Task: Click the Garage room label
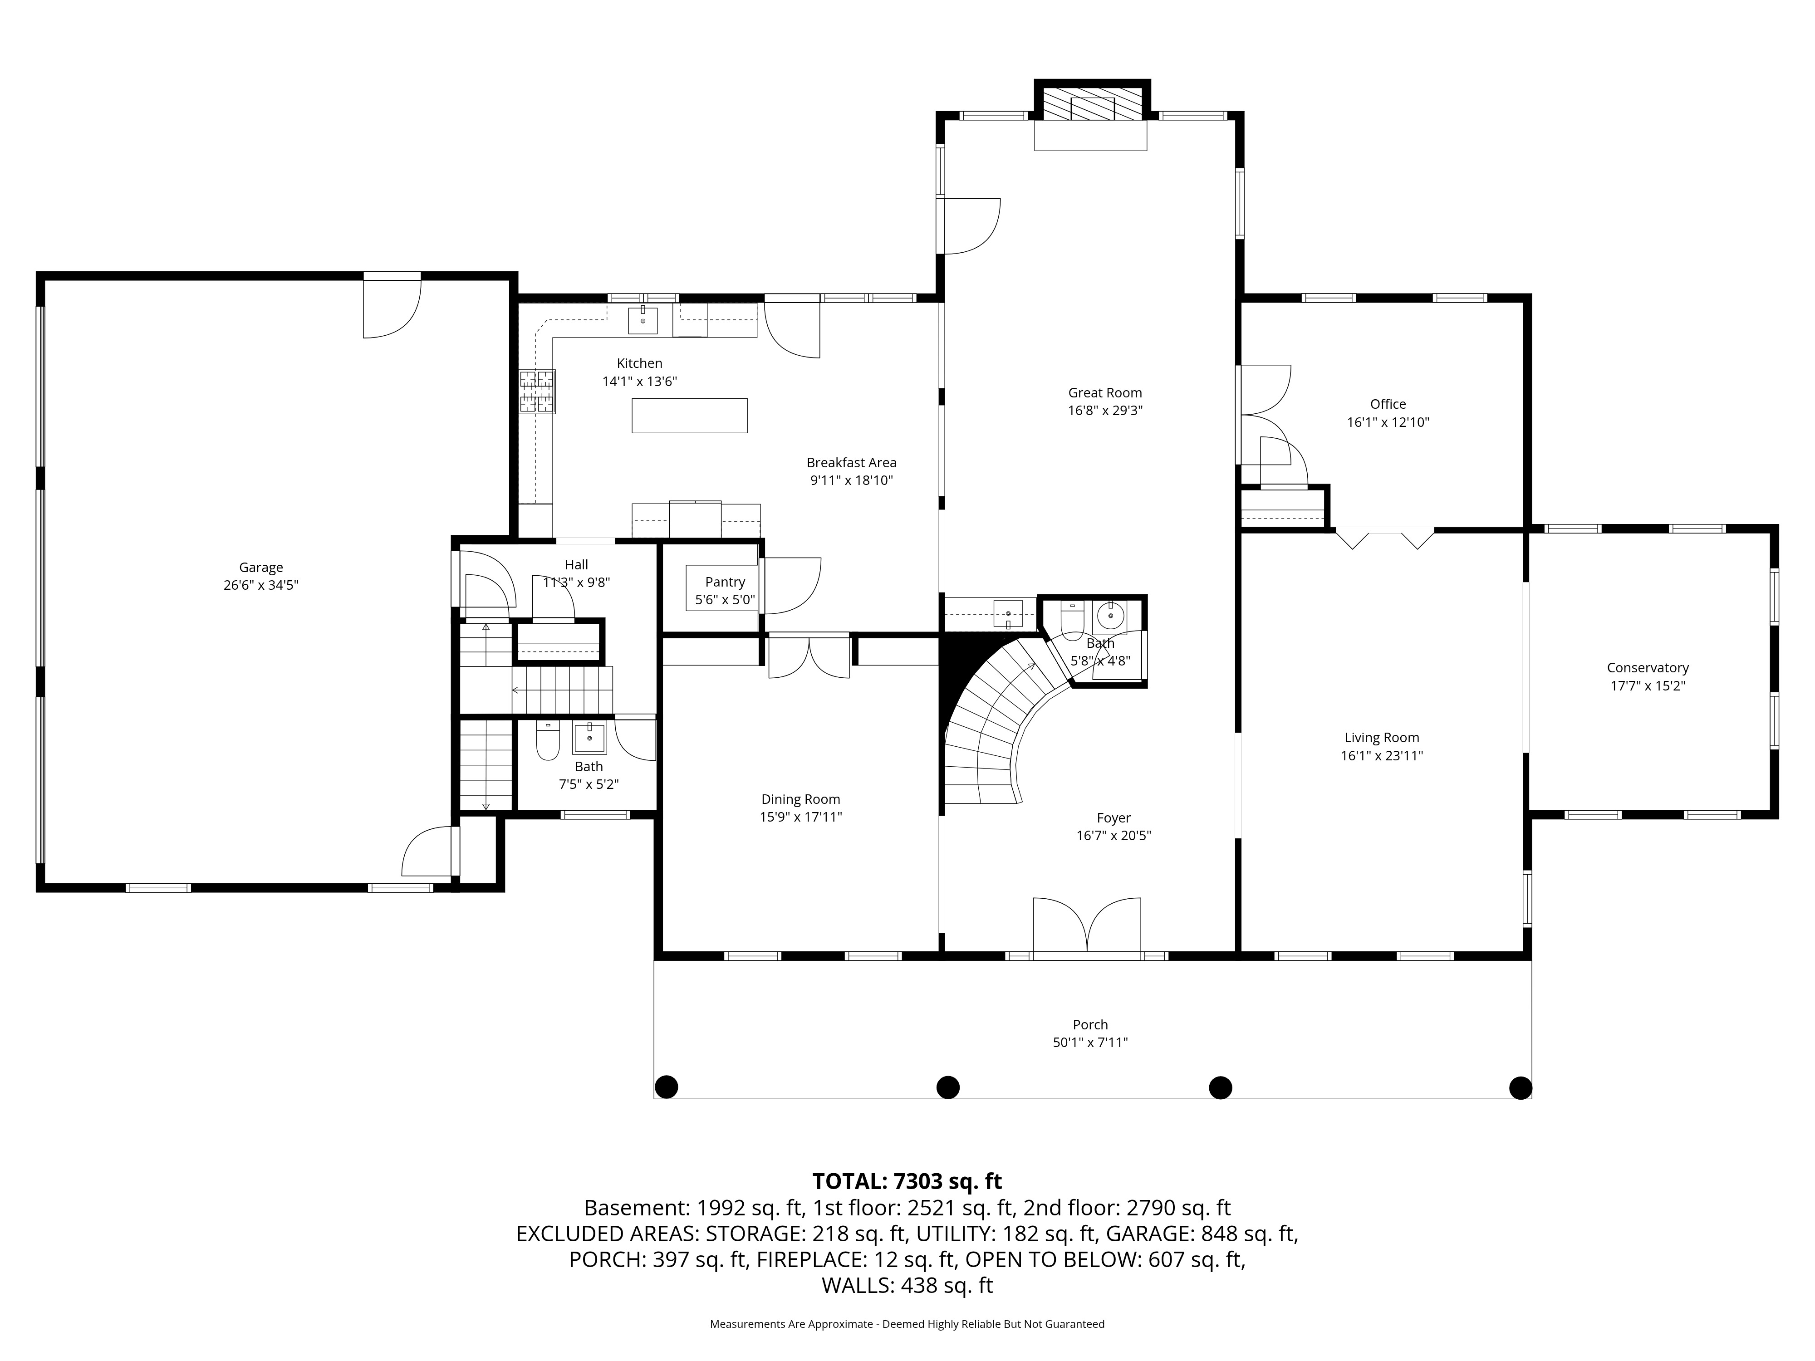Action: (x=261, y=567)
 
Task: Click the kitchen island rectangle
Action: (x=689, y=415)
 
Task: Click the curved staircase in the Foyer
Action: (x=1001, y=722)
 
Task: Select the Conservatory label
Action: (x=1648, y=668)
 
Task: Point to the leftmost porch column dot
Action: (x=666, y=1087)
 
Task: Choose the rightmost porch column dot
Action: (x=1521, y=1088)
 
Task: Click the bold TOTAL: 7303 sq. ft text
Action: (x=907, y=1181)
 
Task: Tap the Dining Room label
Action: (x=801, y=799)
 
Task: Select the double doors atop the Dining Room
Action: (x=809, y=657)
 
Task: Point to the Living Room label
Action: (x=1382, y=738)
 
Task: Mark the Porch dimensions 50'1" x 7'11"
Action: (x=1090, y=1043)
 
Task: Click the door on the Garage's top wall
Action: (x=392, y=305)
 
